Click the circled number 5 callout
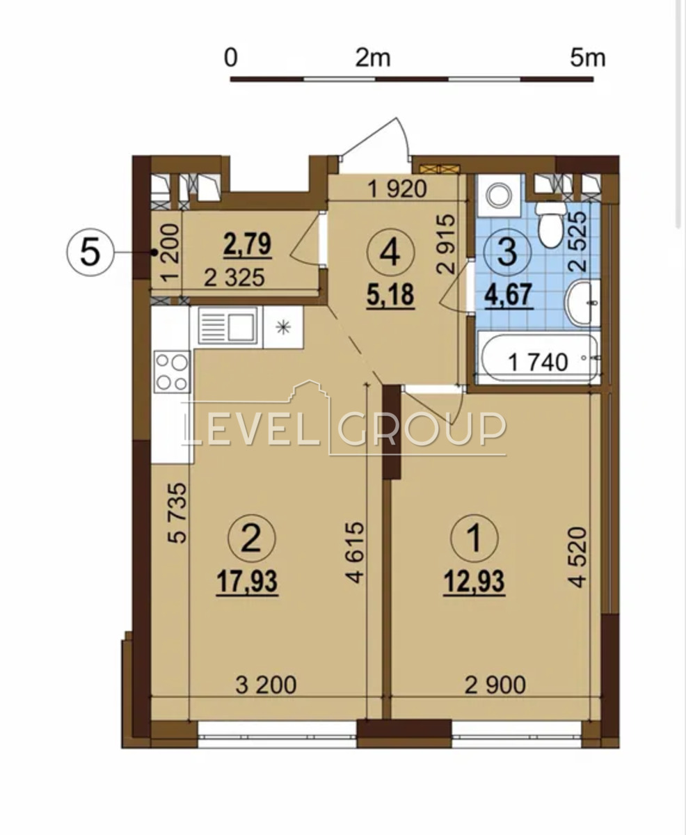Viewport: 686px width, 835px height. (90, 252)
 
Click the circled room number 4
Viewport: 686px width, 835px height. (391, 252)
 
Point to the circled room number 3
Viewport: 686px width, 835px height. (507, 252)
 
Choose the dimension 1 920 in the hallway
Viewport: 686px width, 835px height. (397, 189)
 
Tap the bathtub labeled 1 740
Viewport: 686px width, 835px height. (539, 358)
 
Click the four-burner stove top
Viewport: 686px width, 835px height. (172, 372)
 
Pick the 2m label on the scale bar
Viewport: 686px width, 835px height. (373, 58)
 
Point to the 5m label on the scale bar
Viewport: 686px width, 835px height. (587, 58)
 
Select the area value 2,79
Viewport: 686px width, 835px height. (248, 245)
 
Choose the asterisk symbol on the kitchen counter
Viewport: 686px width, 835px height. (283, 328)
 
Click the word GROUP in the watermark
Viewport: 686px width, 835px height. (422, 429)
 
